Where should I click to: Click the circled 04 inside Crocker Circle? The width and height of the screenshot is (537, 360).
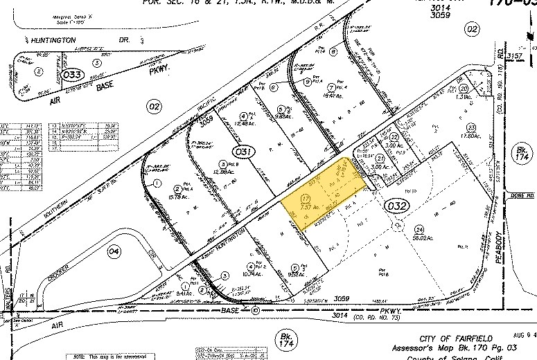point(114,252)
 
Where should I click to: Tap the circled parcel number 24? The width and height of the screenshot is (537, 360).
point(419,229)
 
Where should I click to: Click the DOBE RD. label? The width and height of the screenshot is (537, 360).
point(520,197)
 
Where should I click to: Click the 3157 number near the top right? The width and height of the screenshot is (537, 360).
point(513,55)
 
